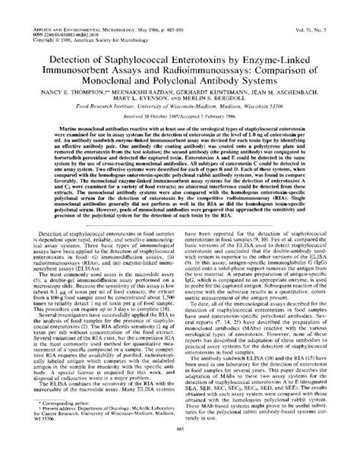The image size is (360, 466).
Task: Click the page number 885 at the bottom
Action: (180, 449)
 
